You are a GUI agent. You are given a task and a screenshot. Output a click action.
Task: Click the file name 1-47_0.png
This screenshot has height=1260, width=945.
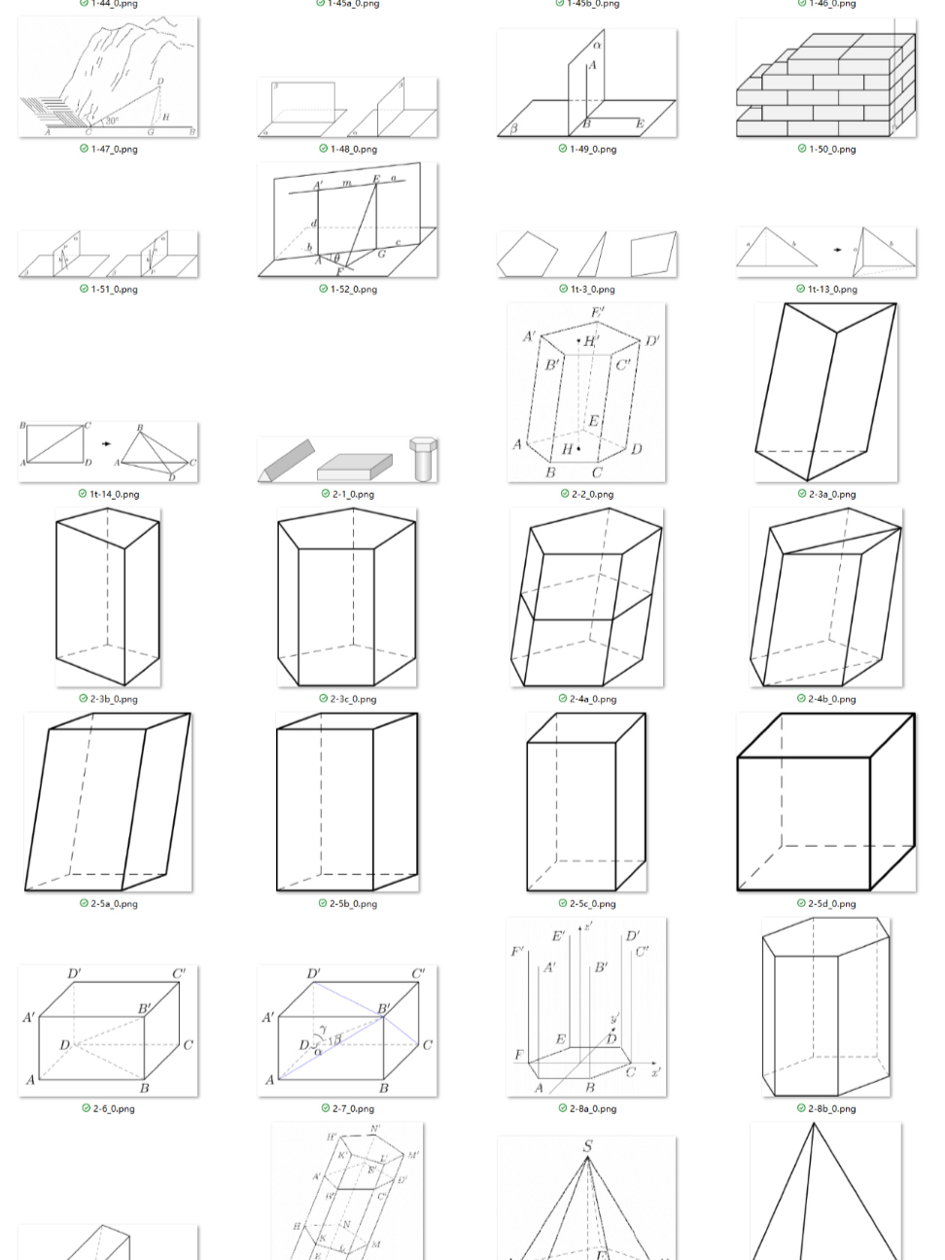click(114, 150)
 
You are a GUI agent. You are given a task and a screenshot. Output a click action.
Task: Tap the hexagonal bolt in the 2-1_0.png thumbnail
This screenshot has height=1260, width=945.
click(424, 458)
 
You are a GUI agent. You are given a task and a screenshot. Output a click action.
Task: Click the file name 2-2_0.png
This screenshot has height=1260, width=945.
click(592, 495)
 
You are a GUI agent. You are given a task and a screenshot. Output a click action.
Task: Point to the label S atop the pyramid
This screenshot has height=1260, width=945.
click(587, 1146)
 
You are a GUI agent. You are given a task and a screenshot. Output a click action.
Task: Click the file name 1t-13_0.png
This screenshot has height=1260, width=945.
click(832, 290)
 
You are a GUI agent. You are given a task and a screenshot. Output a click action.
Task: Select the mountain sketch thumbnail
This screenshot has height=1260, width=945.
click(108, 78)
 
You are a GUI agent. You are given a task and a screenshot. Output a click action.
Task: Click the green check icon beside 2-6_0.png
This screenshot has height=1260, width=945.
click(86, 1108)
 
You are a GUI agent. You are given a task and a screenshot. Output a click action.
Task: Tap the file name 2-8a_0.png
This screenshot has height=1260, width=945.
click(592, 1109)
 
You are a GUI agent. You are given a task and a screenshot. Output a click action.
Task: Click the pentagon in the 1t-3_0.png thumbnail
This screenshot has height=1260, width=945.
click(526, 255)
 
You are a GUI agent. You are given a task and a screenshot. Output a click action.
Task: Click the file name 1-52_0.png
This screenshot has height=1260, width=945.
click(353, 290)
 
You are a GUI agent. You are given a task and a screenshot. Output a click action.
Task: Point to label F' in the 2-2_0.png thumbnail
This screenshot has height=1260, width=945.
click(597, 312)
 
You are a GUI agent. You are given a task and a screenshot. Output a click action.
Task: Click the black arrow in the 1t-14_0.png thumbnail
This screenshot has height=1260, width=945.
click(106, 443)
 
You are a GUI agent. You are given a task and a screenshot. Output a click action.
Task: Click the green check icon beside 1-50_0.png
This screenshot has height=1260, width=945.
click(802, 149)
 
